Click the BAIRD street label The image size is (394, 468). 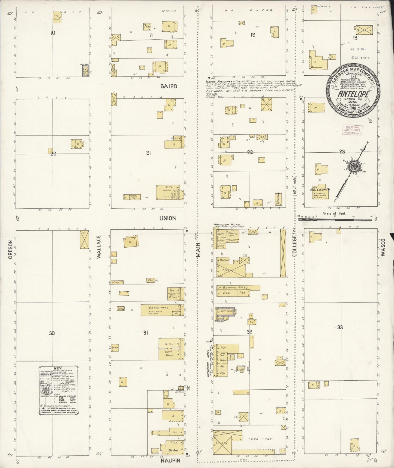169,86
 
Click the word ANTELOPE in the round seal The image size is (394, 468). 354,94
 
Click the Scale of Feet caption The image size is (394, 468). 334,213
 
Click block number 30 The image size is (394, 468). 52,333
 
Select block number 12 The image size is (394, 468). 253,35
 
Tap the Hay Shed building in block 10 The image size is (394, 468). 57,17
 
